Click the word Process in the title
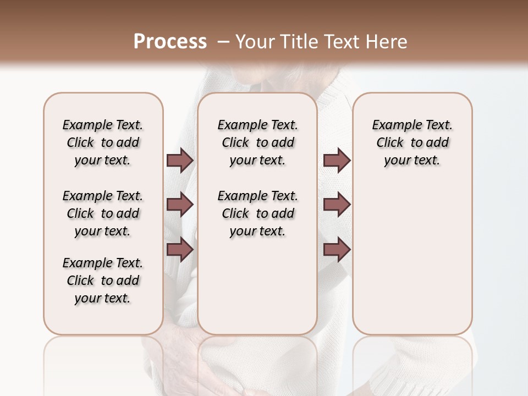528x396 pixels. coord(169,42)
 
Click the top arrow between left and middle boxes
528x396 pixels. coord(180,161)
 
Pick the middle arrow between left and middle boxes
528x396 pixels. coord(180,205)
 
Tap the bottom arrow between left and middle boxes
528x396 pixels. coord(180,250)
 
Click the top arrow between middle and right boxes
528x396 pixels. coord(337,161)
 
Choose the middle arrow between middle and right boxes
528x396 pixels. coord(337,205)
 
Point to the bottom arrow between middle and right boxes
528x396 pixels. coord(337,250)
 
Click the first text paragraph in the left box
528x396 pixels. coord(103,142)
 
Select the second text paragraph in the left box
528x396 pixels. coord(103,213)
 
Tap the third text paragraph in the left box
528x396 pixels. coord(103,280)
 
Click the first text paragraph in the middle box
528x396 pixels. coord(257,142)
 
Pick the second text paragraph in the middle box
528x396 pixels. coord(257,213)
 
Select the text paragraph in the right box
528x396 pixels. coord(413,142)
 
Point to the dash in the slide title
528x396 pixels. coord(223,42)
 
